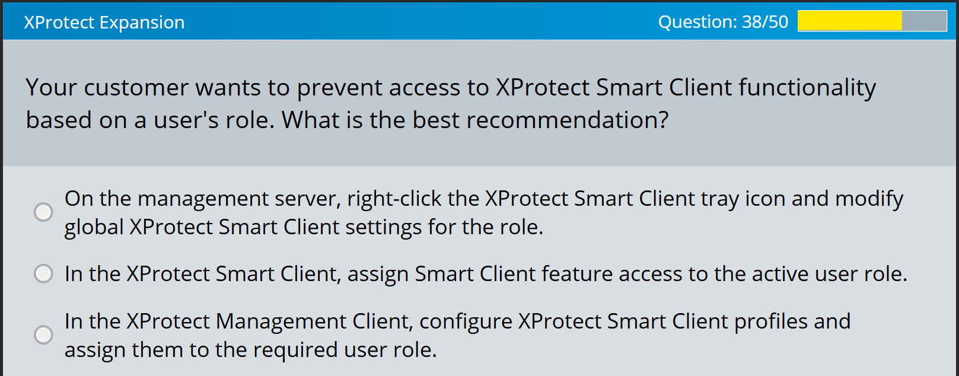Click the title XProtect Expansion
[x=104, y=23]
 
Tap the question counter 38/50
[x=723, y=22]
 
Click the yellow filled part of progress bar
[x=849, y=21]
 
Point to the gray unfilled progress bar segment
[x=924, y=21]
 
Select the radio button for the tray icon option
[x=43, y=212]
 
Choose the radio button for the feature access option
[x=43, y=273]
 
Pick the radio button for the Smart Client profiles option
[x=43, y=334]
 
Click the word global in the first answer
[x=94, y=227]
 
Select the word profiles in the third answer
[x=771, y=321]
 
